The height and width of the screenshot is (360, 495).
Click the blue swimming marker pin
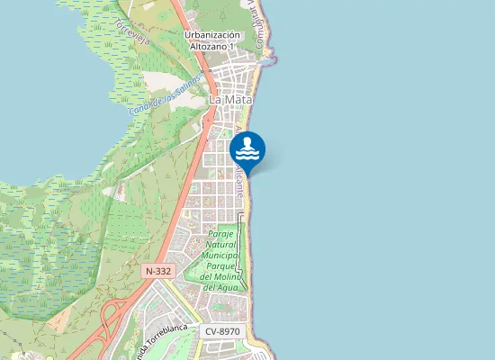coord(247,149)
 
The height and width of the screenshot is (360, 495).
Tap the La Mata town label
coord(229,100)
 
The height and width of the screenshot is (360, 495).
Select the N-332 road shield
coord(157,270)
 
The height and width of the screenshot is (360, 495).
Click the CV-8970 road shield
coord(223,332)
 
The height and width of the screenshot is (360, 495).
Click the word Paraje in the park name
coord(220,233)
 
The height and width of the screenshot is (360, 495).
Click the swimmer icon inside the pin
coord(247,147)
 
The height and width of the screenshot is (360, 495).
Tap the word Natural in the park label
coord(220,244)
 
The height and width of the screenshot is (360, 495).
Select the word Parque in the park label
coord(220,265)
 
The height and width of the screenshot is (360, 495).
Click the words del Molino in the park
coord(220,276)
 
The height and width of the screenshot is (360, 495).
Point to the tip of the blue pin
coord(247,175)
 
